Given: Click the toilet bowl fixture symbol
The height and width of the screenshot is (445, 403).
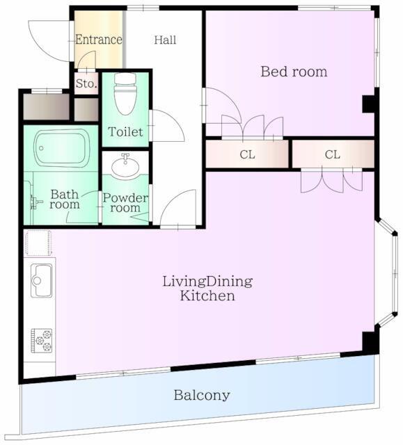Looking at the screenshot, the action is [x=125, y=94].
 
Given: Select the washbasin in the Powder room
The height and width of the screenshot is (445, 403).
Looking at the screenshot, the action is [x=125, y=165].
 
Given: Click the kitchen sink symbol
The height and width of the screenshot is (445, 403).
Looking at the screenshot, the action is [x=42, y=280].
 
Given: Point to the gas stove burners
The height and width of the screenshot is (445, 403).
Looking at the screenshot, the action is [x=42, y=341].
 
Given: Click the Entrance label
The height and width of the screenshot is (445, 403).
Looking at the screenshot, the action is [x=99, y=40].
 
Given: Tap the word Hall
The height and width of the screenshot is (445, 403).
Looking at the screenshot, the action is [x=165, y=40].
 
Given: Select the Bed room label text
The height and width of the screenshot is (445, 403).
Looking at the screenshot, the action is [x=294, y=72].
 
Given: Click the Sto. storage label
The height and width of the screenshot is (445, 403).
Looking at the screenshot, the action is [x=86, y=83].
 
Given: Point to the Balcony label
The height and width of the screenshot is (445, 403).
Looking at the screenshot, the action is [x=202, y=396].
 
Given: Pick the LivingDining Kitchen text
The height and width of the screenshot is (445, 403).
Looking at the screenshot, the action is [x=207, y=289].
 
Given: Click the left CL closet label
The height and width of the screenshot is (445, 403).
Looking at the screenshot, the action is [x=247, y=154].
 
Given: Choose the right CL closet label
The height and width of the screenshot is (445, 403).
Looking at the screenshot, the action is [x=333, y=154].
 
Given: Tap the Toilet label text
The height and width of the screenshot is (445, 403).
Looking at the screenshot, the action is [x=125, y=132].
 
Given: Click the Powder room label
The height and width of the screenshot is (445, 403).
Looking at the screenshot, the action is [x=125, y=202].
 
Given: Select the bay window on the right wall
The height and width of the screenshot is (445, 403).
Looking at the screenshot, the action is [x=387, y=273].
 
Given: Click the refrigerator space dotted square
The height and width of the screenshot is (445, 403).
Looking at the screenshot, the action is [x=38, y=243].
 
